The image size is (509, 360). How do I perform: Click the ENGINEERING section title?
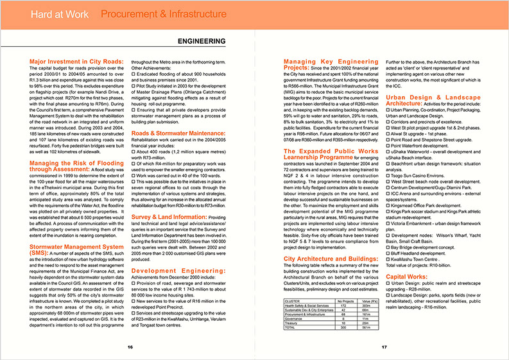pos(201,41)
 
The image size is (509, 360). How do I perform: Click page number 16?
pos(130,347)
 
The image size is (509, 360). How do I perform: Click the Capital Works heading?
pos(409,277)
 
